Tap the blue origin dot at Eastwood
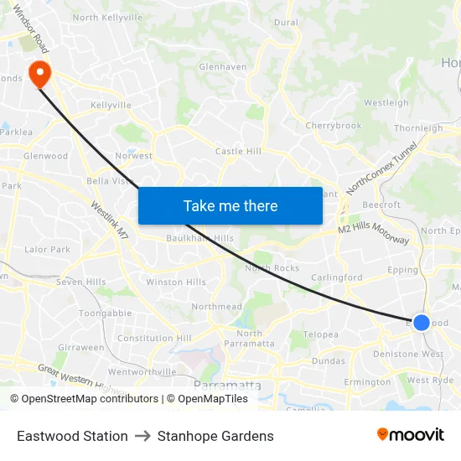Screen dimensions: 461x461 tap(422, 323)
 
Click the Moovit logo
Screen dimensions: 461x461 tap(410, 435)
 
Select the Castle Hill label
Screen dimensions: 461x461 tap(238, 151)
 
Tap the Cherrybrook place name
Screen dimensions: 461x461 tap(334, 126)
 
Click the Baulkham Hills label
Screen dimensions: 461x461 tap(199, 238)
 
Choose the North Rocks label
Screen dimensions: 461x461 tap(272, 268)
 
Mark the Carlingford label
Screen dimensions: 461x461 tap(337, 277)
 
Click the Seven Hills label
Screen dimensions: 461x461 tap(81, 282)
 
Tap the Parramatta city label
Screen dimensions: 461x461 tap(227, 386)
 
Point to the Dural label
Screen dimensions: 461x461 tap(286, 23)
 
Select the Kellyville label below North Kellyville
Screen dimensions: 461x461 tap(111, 106)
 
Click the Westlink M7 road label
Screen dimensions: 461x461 tap(108, 220)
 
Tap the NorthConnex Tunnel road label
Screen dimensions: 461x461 tap(381, 168)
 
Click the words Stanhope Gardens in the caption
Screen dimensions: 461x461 tap(215, 436)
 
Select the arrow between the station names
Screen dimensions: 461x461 tap(142, 436)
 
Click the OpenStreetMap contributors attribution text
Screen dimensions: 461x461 tap(84, 399)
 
